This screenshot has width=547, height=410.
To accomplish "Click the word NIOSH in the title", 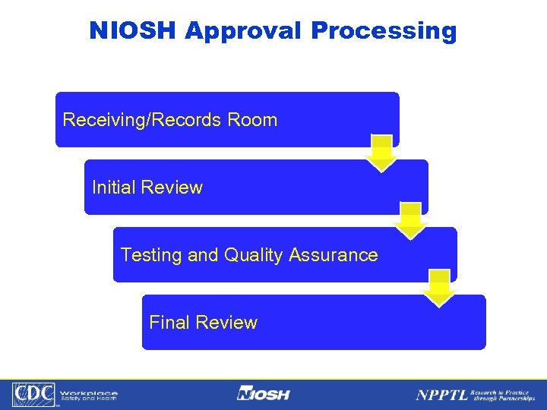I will point(133,30).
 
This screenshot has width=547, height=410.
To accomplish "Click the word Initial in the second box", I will point(115,188).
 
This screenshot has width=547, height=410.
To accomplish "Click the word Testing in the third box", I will point(151,255).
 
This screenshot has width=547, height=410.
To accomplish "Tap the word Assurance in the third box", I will point(332,255).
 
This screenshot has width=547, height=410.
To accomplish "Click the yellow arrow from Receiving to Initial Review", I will point(381,154).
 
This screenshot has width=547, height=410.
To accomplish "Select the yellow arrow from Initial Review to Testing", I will point(410,221).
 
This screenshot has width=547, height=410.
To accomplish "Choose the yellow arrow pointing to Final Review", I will point(439,289).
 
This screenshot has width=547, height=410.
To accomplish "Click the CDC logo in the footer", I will point(33,394).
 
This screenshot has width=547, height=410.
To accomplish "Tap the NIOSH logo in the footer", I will point(263,394).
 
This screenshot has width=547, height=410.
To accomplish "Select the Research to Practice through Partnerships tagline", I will point(502,394).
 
